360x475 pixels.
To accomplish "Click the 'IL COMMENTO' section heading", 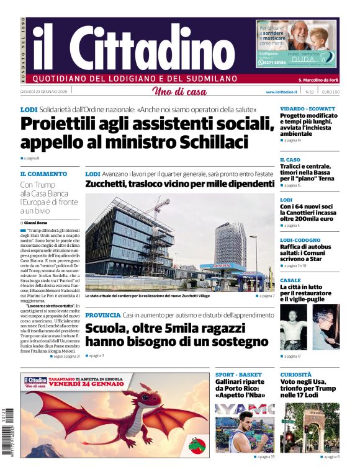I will pyautogui.click(x=43, y=174).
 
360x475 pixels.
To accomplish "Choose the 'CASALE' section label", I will pyautogui.click(x=290, y=280).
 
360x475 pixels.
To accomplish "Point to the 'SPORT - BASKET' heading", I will pyautogui.click(x=238, y=375).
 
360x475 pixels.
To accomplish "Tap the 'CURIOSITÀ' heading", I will pyautogui.click(x=295, y=375).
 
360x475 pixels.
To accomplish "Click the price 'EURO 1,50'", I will pyautogui.click(x=330, y=92).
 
